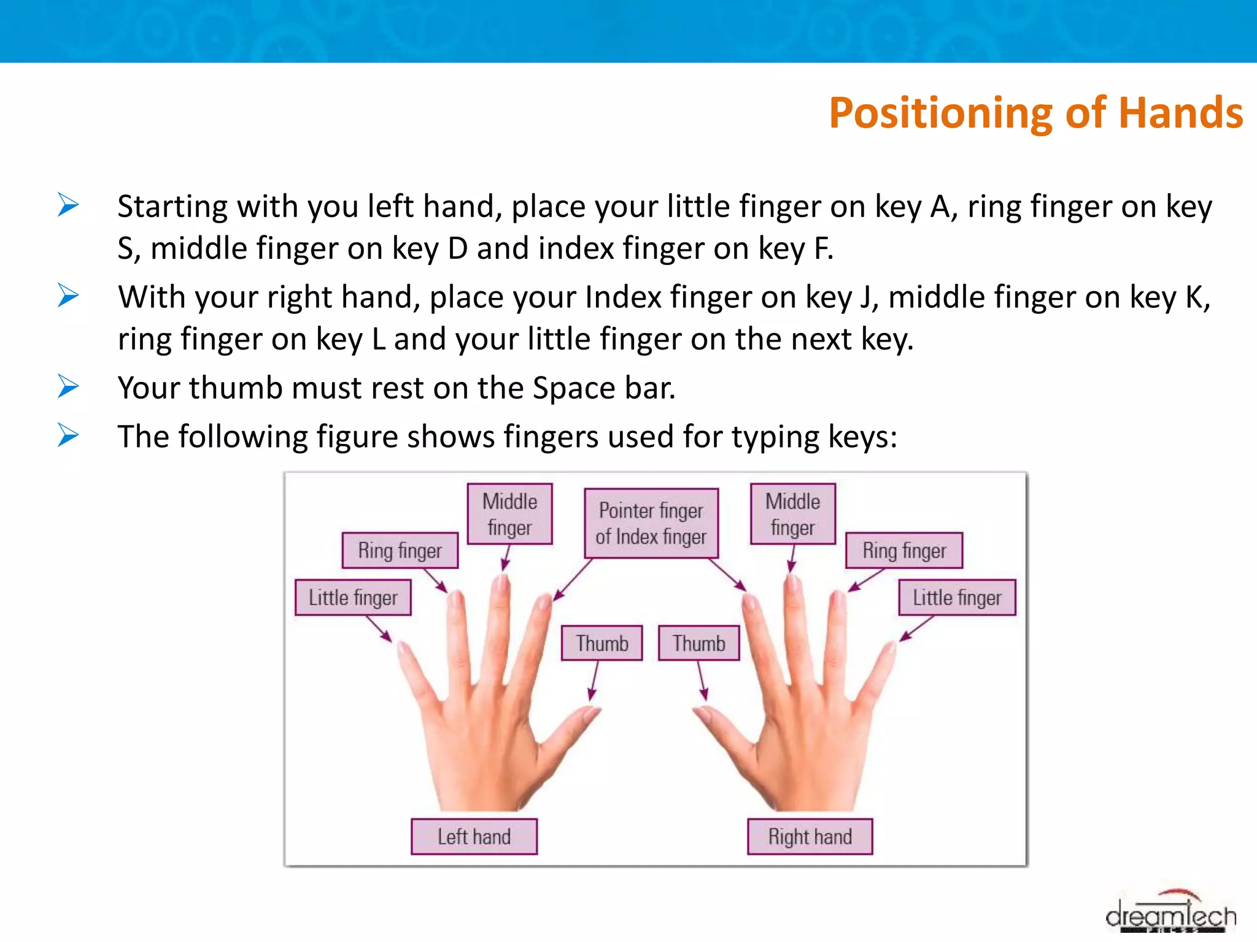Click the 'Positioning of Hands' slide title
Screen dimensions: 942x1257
pos(1035,113)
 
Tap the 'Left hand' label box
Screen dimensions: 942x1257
pos(474,837)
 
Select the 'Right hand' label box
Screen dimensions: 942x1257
pos(810,837)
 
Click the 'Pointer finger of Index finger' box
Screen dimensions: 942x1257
pos(651,523)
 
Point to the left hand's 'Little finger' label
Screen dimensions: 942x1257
pos(353,597)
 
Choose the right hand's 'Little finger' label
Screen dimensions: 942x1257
pos(957,597)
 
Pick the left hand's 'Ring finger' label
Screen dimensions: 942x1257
pos(400,550)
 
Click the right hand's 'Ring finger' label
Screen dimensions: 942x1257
pos(904,550)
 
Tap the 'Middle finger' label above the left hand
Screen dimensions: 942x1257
pos(509,514)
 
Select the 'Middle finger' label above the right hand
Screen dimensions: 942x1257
pos(792,514)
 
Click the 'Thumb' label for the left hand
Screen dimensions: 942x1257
pos(602,643)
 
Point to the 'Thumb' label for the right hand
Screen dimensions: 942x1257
pos(698,643)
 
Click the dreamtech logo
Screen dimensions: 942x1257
pos(1170,915)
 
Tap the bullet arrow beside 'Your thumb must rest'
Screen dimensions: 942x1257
pos(68,386)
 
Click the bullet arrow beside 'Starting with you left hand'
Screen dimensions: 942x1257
pos(68,205)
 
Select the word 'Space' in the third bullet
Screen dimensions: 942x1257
pos(574,388)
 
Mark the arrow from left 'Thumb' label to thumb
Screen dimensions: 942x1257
pos(594,681)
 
